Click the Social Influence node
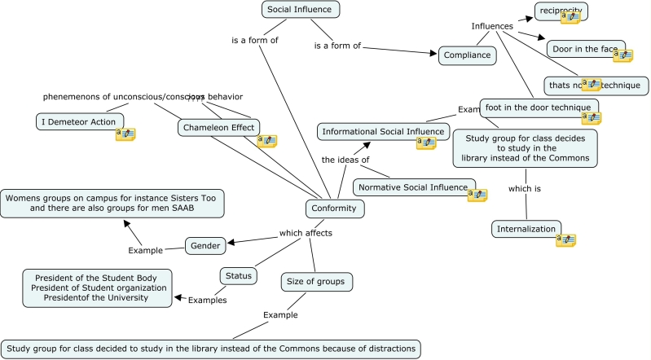point(300,9)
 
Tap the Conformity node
point(334,209)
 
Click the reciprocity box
point(561,11)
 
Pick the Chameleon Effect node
point(219,127)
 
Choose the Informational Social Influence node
point(383,131)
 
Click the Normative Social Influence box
point(415,187)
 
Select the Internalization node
point(527,229)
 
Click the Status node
point(239,275)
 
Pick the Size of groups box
point(317,283)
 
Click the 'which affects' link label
point(306,234)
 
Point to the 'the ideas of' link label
point(345,160)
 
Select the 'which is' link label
point(525,189)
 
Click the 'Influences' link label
point(492,26)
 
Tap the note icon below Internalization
point(566,239)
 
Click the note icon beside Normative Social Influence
point(477,195)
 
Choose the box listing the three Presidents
point(98,288)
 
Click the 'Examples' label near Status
point(207,300)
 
